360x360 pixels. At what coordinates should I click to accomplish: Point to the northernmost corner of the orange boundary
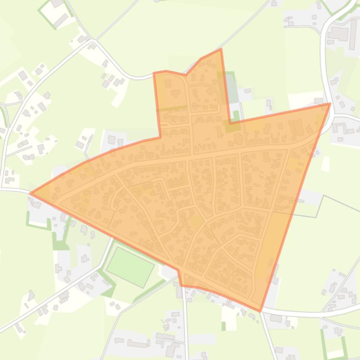point(221,49)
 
